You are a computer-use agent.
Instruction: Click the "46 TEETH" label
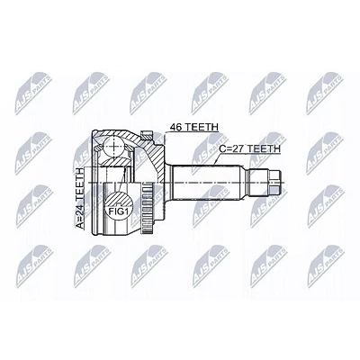[194, 127]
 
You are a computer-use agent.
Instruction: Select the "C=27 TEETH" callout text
[249, 148]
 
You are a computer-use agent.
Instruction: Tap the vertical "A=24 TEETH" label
[80, 199]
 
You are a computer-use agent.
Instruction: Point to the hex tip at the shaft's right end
[276, 182]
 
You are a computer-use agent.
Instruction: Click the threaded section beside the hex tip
[257, 182]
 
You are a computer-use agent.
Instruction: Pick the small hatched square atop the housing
[147, 136]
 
